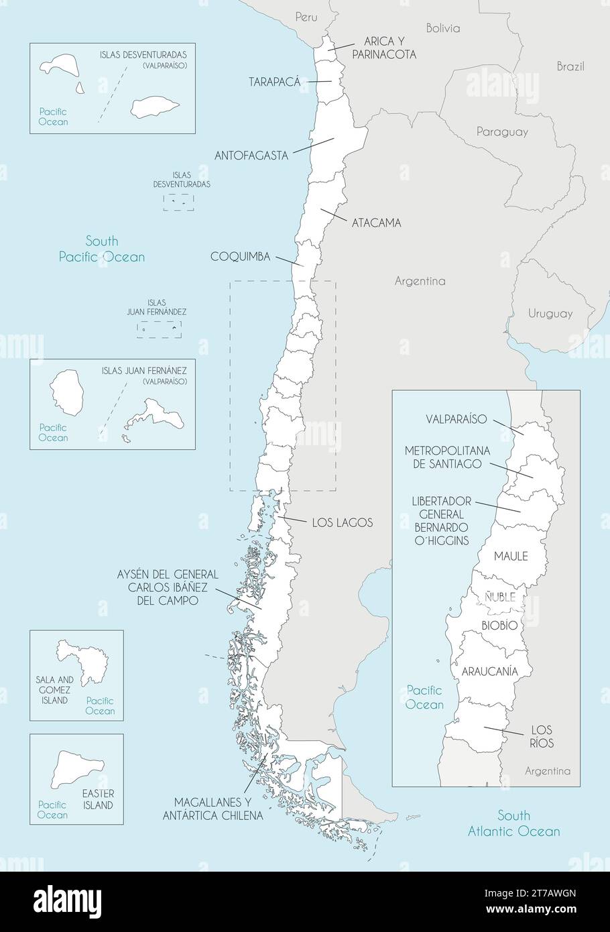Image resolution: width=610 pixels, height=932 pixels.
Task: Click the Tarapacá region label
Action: coord(274,82)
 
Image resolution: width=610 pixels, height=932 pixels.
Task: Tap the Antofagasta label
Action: coord(251,156)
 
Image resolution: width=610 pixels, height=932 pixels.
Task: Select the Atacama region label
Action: coord(376,223)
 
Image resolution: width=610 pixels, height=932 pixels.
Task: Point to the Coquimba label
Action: coord(240,257)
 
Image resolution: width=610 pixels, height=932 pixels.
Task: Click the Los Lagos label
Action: coord(342,522)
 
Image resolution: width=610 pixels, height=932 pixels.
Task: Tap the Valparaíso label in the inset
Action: coord(456,419)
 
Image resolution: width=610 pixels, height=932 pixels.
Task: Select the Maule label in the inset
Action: coord(511,556)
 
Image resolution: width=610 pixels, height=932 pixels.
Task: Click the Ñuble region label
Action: coord(500,597)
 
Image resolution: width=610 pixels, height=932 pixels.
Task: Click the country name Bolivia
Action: coord(443,28)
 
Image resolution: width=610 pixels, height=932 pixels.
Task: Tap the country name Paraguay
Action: coord(501,132)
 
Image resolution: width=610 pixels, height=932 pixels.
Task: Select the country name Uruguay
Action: coord(550,313)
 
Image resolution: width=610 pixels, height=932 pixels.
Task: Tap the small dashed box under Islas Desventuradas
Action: coord(178,202)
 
